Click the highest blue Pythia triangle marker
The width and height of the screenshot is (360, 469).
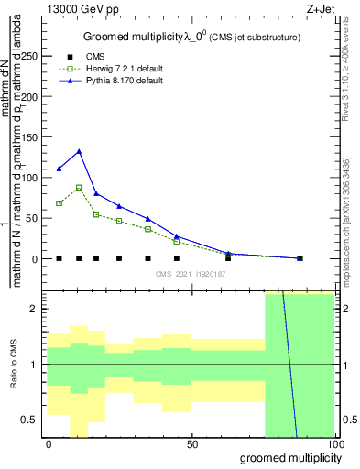[x=80, y=151]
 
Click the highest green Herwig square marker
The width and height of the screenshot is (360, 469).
[x=80, y=187]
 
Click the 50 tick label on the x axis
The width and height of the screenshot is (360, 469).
[x=192, y=444]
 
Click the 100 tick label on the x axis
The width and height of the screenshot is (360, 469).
[x=336, y=444]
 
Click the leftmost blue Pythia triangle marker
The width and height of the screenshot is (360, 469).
[x=60, y=169]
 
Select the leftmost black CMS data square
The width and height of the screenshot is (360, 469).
[x=60, y=258]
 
